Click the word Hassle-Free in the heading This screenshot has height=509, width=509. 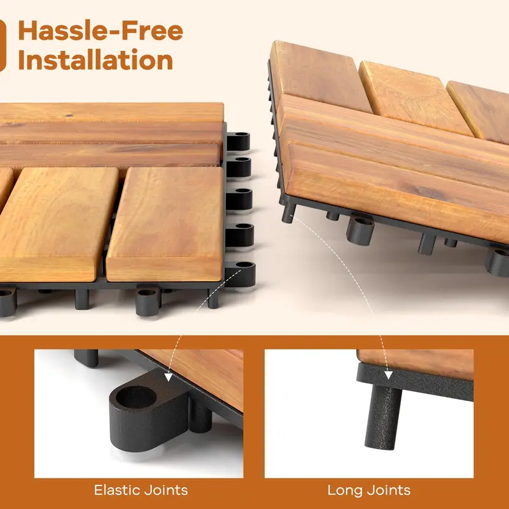pos(101,31)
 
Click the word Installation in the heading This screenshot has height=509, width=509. pos(95,60)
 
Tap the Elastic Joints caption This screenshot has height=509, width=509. pos(141,490)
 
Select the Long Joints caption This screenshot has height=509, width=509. pos(369,490)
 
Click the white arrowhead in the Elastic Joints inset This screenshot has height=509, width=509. pos(168,377)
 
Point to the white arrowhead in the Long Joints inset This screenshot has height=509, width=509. pos(389,375)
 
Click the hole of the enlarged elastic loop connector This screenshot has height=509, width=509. pos(136,397)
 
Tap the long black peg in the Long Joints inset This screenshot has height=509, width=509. pos(383,417)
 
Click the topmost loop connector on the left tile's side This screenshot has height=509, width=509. pos(238,141)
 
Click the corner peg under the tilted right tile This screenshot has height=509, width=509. pos(288,213)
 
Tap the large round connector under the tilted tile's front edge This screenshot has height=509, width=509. pos(360,231)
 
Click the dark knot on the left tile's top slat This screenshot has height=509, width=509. pos(69,115)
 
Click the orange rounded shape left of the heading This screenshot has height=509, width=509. pos(2,45)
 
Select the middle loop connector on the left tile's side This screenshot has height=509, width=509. pos(239,199)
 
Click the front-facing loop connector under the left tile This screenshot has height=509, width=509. pos(148,300)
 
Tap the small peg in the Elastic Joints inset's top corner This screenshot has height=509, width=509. pos(86,358)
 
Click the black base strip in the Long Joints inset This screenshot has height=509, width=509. pos(415,382)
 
